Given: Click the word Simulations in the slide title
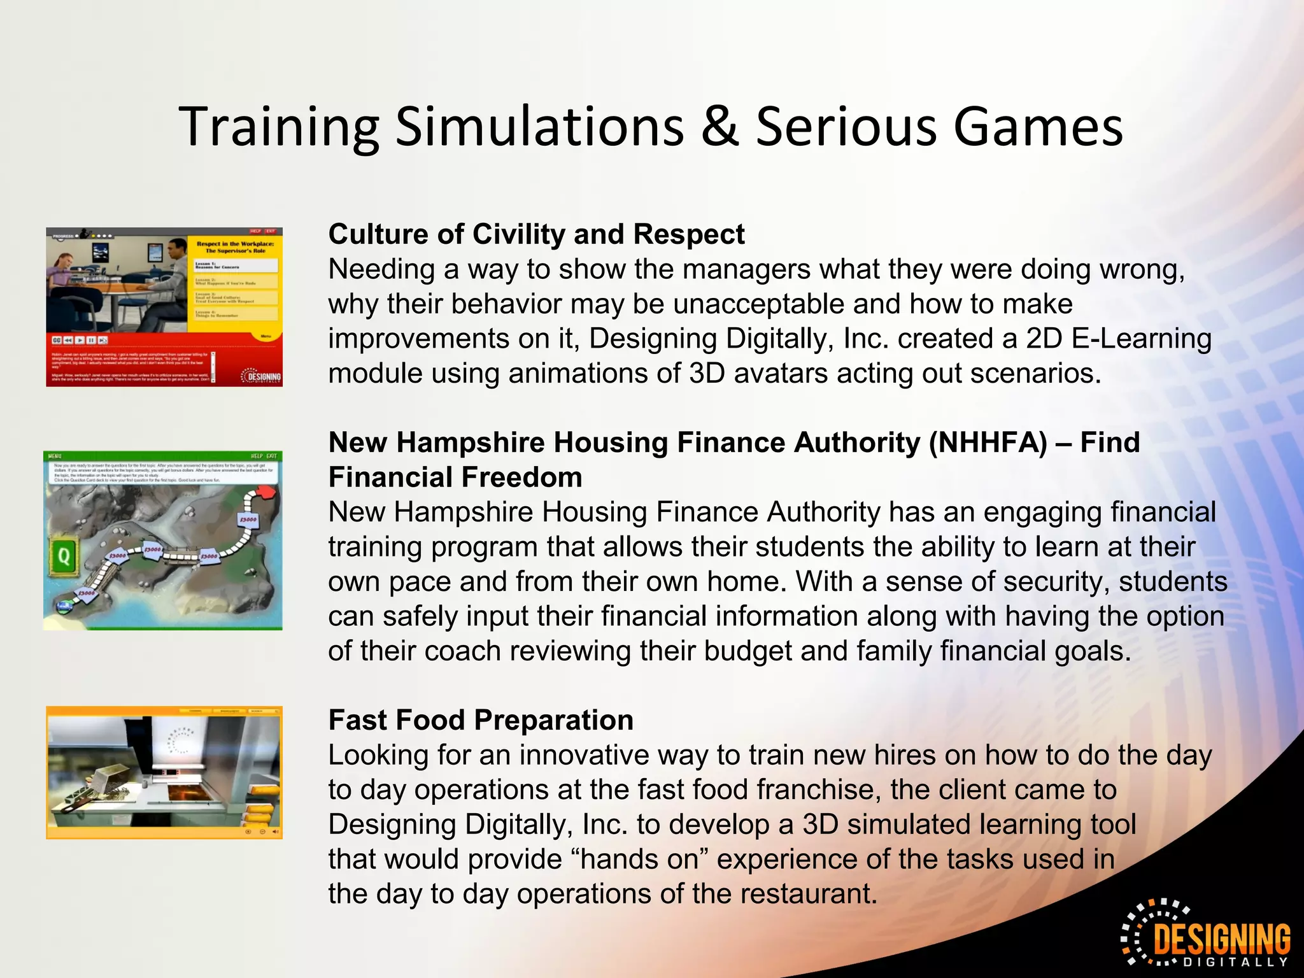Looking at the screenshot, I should click(x=539, y=127).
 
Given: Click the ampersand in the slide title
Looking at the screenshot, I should click(x=719, y=127).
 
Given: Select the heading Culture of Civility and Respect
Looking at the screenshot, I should click(x=536, y=234).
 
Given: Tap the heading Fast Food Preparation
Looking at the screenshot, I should click(x=481, y=720).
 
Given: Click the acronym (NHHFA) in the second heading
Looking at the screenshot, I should click(x=988, y=443).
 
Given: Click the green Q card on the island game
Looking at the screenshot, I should click(x=64, y=556).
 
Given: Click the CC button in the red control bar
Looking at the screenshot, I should click(x=56, y=341).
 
